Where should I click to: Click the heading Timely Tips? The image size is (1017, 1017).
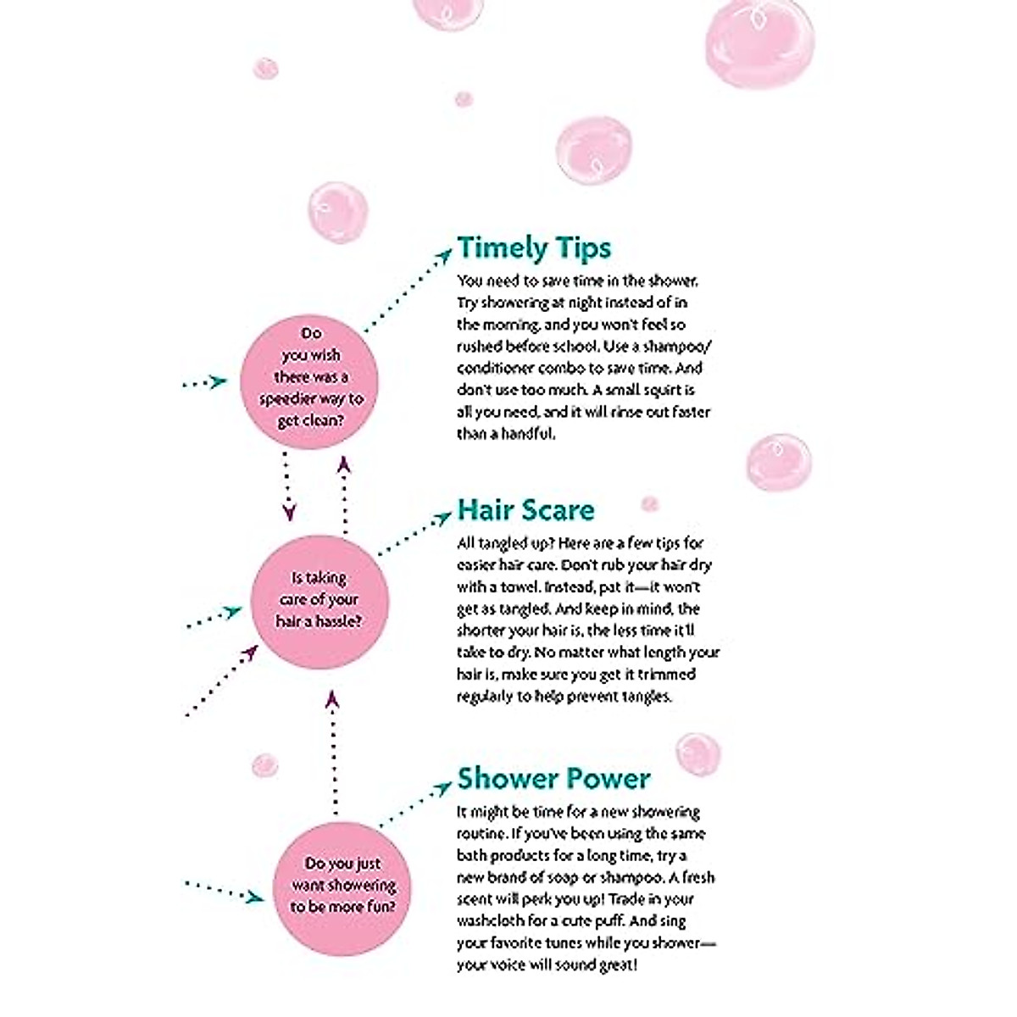(x=534, y=247)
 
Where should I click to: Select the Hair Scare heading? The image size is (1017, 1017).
(x=525, y=509)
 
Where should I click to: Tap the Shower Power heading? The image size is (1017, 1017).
(x=553, y=778)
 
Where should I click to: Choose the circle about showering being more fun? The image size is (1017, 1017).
(x=342, y=884)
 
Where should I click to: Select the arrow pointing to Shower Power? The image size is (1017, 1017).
(x=414, y=804)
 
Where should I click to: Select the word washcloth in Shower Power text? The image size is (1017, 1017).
(x=487, y=920)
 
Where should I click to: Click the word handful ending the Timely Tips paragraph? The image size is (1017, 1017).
(x=530, y=434)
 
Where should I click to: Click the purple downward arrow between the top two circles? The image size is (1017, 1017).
(x=287, y=486)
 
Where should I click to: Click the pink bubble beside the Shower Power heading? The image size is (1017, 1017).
(x=697, y=753)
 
